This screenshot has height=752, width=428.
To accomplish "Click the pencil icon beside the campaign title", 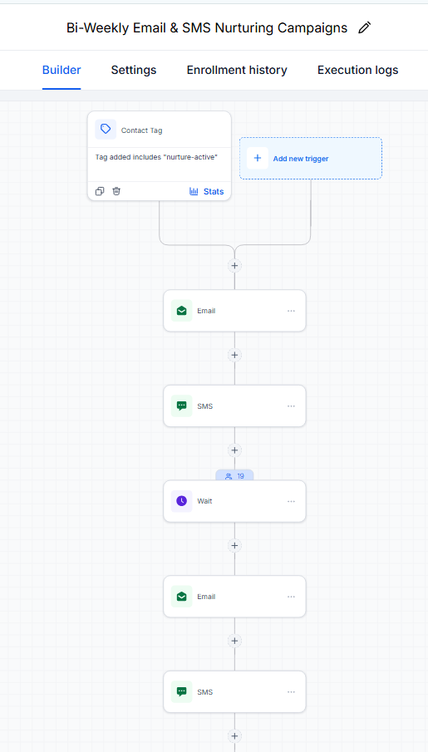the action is (x=365, y=27).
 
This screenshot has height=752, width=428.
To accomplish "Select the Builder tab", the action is (x=61, y=70).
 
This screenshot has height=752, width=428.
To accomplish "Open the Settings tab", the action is (x=134, y=70).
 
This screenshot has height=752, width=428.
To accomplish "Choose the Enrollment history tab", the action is (x=237, y=70).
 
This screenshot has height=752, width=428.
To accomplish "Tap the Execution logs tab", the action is (x=357, y=70).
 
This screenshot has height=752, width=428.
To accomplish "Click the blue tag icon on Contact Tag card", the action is (x=106, y=130).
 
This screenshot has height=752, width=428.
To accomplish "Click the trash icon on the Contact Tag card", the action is (x=116, y=191).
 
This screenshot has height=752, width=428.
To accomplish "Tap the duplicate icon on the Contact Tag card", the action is (x=100, y=191).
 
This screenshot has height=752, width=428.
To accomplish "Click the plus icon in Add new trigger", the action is (x=258, y=158).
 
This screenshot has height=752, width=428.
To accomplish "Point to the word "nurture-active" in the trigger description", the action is (x=191, y=157).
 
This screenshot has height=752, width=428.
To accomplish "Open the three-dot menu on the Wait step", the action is (x=291, y=501).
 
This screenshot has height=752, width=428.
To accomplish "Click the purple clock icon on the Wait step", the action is (x=181, y=501).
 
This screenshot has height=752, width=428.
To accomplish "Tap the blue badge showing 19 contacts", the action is (x=234, y=476).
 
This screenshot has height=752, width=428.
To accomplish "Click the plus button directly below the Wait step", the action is (x=234, y=545).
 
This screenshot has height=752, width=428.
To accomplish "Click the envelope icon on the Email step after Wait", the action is (x=181, y=596).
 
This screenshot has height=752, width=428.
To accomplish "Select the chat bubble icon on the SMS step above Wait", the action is (x=181, y=406).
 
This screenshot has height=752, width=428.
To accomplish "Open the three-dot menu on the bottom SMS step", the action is (x=291, y=692).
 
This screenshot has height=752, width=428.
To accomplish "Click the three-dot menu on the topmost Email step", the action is (x=291, y=311).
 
